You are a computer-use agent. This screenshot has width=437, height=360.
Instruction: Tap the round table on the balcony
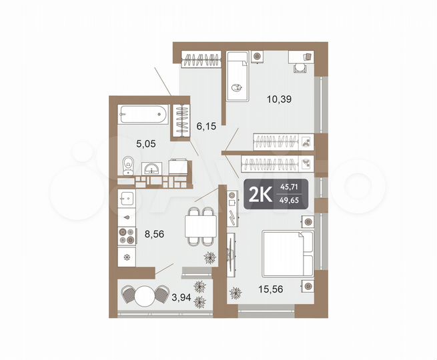(142, 294)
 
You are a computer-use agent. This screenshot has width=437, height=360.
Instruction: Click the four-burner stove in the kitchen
(127, 235)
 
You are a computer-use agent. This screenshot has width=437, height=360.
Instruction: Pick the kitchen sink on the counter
(127, 216)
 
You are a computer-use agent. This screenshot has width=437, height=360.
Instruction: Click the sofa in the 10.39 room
(238, 75)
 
